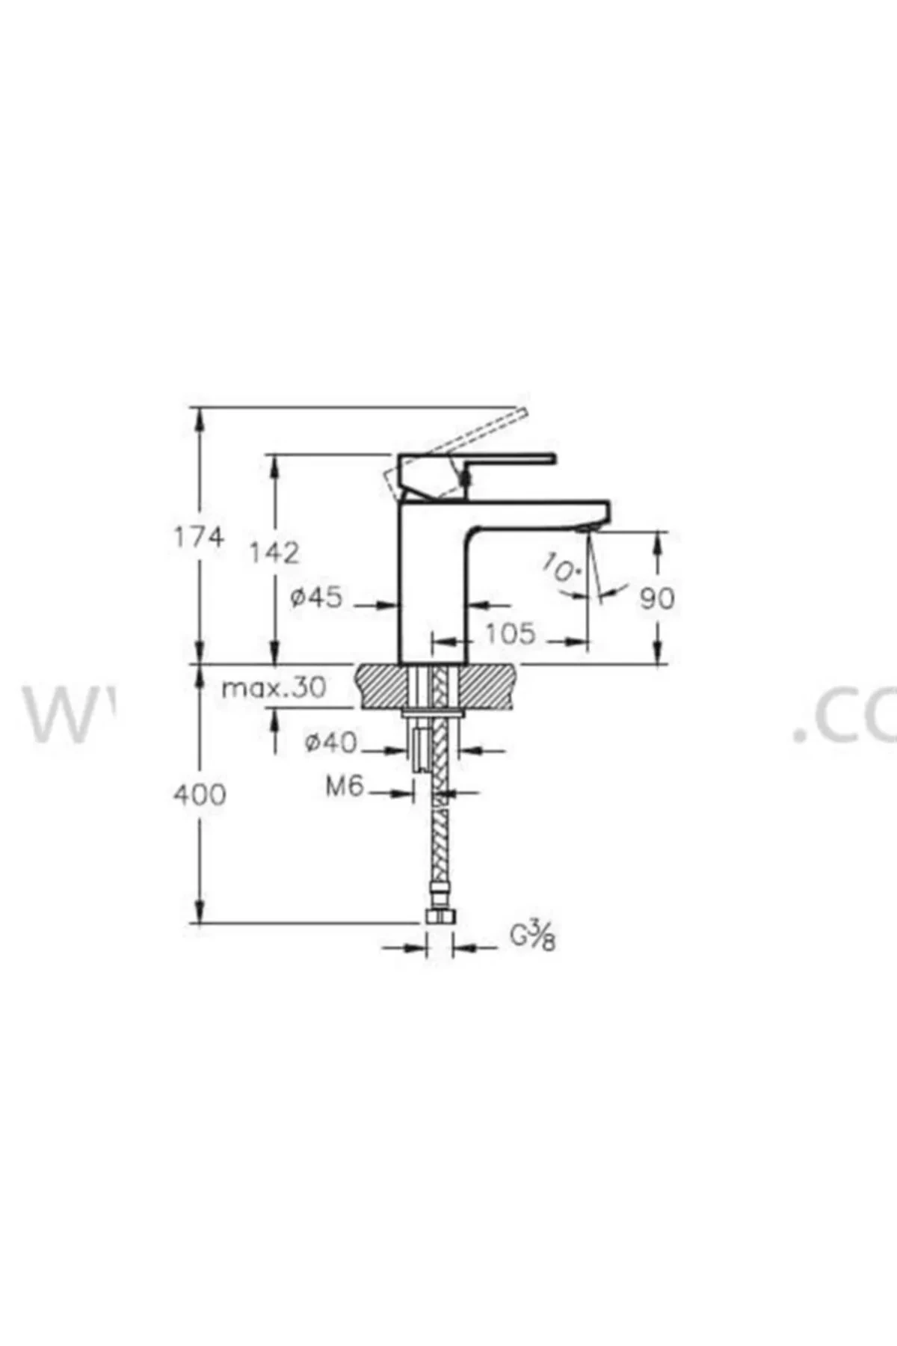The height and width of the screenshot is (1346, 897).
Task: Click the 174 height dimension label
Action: [198, 537]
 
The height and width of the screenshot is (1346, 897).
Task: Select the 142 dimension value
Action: [274, 553]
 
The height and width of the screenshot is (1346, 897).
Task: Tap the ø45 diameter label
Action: [316, 597]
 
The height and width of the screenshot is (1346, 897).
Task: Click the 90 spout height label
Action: [657, 598]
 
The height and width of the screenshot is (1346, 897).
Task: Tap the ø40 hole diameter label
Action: [330, 743]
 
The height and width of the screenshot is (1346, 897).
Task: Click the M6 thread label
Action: [344, 786]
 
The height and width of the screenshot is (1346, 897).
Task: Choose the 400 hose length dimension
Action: [199, 794]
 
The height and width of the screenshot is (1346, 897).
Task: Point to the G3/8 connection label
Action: [533, 936]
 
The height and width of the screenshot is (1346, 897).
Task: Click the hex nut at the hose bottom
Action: [440, 918]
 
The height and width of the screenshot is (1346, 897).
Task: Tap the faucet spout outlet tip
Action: [585, 529]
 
